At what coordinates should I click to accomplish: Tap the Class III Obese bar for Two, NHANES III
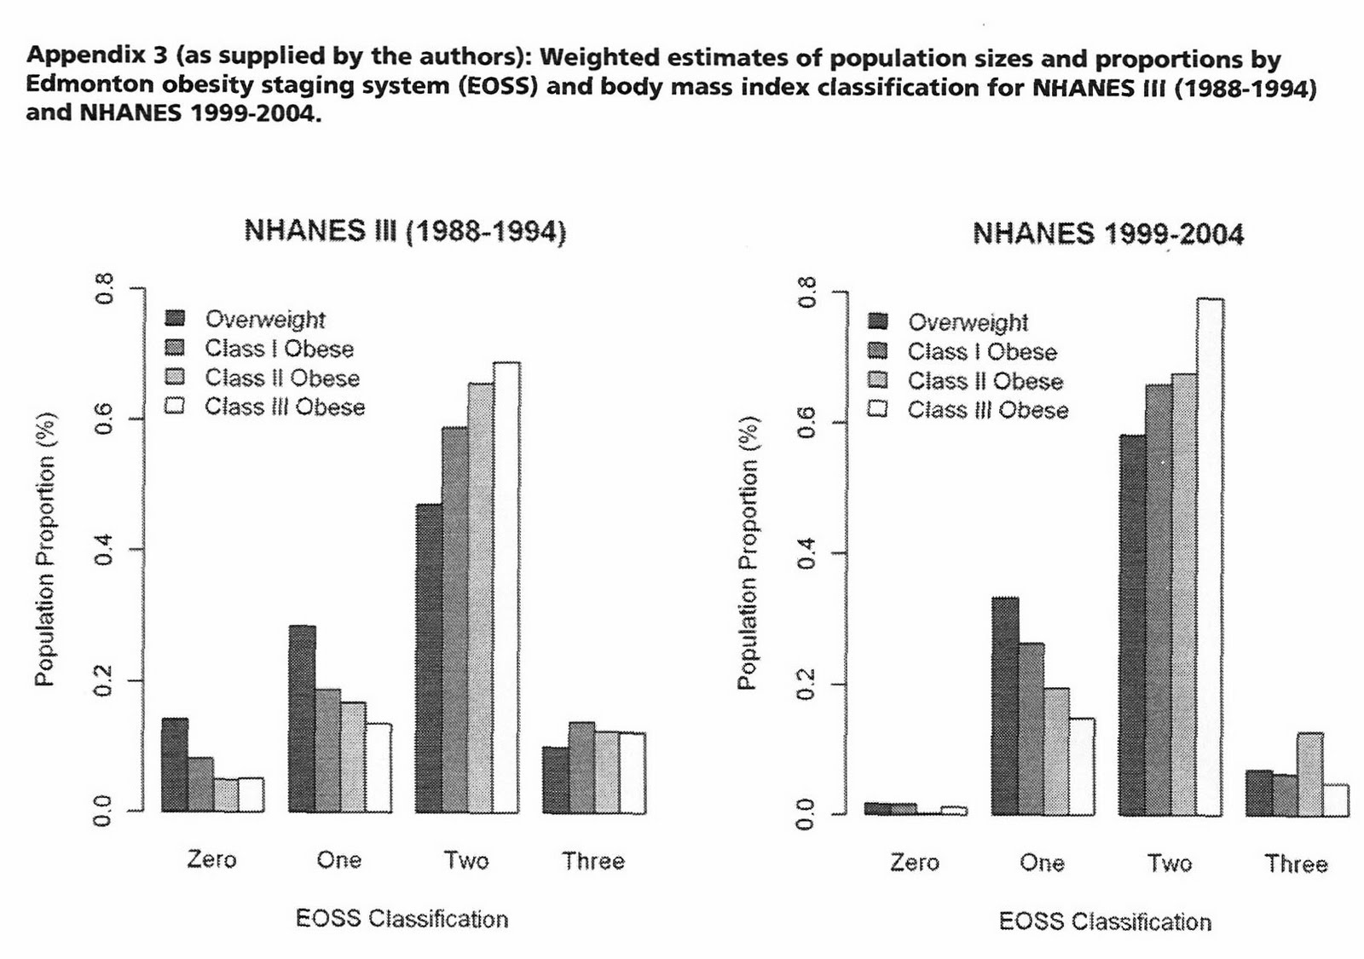point(506,588)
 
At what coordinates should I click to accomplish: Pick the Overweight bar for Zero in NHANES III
point(175,765)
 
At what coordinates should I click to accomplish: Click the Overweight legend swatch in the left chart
point(176,319)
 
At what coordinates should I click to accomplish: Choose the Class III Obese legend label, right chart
point(987,410)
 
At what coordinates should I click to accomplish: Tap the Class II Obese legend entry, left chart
point(281,378)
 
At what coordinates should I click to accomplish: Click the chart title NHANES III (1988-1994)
point(405,232)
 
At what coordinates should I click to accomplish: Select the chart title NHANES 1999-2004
point(1108,234)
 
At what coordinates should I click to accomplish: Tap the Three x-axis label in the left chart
point(593,861)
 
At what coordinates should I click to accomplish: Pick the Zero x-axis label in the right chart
point(914,863)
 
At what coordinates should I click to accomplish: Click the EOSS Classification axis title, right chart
point(1105,921)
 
